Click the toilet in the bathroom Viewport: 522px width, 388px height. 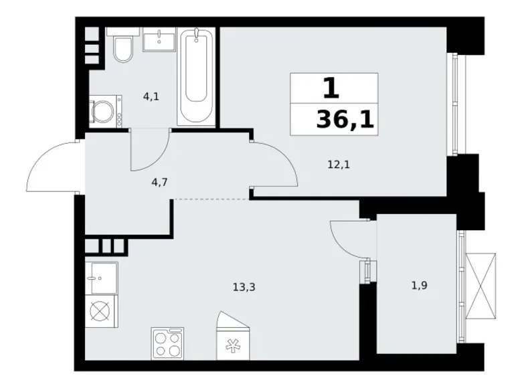coord(122,47)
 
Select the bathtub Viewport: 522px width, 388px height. coord(197,75)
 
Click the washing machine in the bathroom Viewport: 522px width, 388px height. coord(106,110)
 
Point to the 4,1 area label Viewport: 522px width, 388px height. coord(151,96)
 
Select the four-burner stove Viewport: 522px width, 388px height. coord(167,344)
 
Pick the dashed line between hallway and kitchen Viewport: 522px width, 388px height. coord(211,199)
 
